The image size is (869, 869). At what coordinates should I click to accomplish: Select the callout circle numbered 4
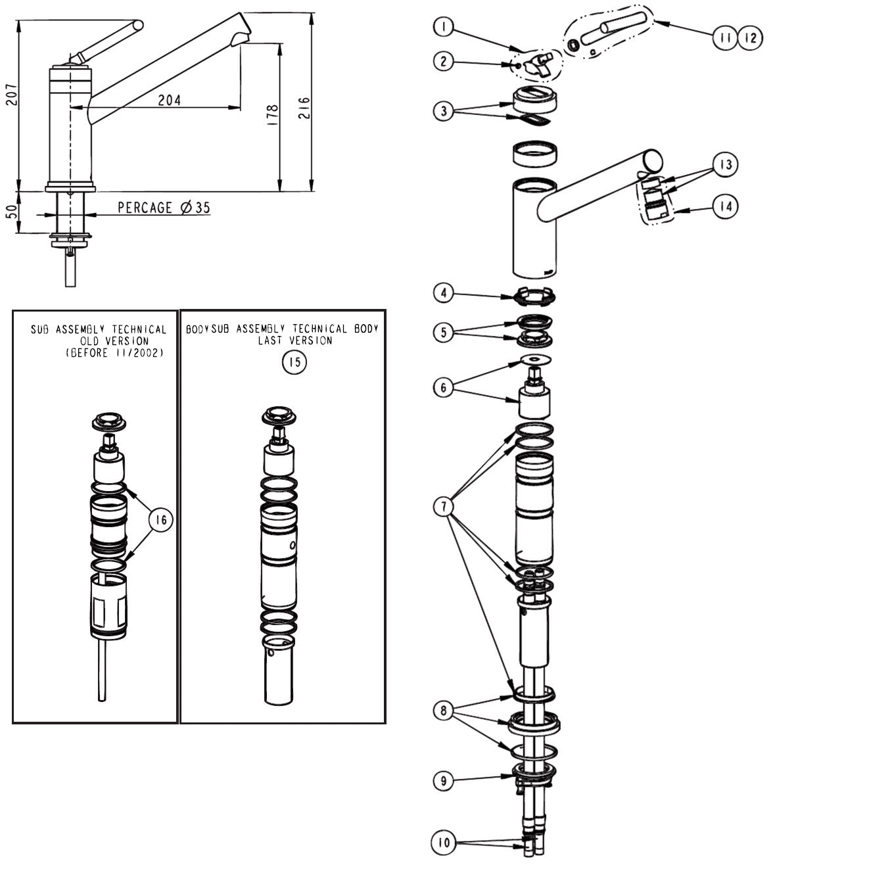click(444, 293)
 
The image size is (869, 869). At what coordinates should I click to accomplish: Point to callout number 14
click(725, 207)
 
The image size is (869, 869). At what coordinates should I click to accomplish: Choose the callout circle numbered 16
click(161, 520)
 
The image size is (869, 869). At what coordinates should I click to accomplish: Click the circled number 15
click(294, 362)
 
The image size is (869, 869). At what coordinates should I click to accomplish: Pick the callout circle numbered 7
click(444, 506)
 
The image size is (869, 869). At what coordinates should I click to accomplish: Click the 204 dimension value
click(170, 100)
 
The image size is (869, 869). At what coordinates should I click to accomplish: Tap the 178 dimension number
click(273, 114)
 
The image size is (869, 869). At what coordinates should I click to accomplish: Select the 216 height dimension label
click(304, 108)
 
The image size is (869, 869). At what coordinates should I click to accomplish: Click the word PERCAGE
click(145, 208)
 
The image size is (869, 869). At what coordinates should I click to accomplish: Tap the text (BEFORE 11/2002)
click(114, 352)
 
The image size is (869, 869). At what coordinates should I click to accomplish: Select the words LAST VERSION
click(295, 341)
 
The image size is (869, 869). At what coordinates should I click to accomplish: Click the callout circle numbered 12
click(751, 38)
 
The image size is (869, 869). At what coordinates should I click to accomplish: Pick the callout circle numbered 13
click(725, 164)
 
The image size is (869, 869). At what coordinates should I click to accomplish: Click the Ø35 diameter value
click(195, 208)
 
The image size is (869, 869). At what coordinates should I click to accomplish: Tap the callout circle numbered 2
click(444, 61)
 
